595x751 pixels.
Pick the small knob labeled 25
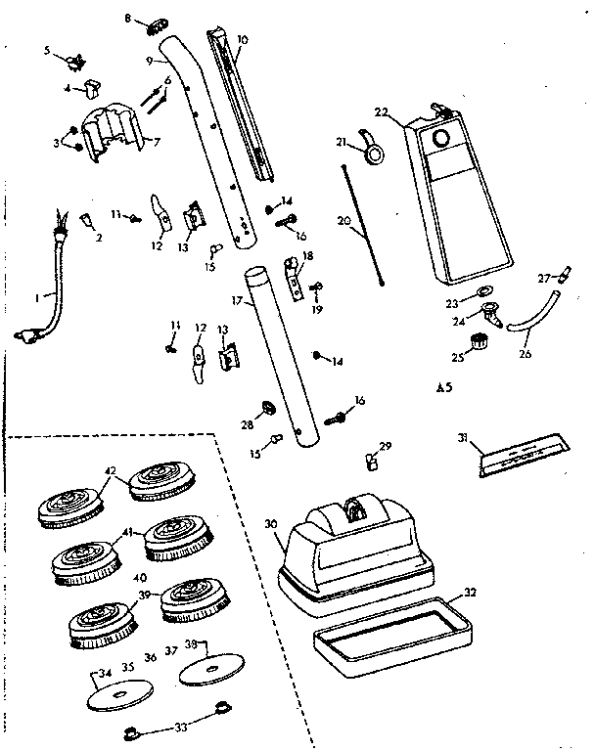(479, 341)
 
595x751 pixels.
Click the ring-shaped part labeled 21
(374, 151)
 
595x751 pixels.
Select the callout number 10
(243, 40)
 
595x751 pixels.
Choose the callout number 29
(386, 446)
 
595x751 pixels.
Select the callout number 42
(111, 472)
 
